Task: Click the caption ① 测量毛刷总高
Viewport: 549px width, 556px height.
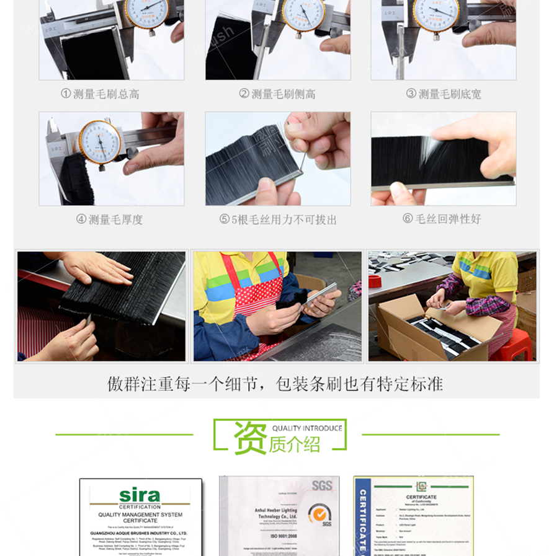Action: (100, 94)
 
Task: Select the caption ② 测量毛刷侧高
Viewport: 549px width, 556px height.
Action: (277, 94)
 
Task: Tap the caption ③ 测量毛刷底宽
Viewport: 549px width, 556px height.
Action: (443, 94)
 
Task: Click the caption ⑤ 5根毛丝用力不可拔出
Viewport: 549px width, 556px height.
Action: (278, 219)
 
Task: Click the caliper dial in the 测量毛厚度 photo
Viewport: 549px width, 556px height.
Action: (100, 142)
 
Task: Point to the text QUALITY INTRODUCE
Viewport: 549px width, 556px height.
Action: (307, 428)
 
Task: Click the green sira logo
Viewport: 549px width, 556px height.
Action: (140, 496)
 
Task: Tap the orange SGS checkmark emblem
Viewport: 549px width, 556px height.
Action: (319, 514)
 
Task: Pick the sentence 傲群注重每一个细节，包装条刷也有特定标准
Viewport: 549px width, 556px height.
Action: (275, 384)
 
